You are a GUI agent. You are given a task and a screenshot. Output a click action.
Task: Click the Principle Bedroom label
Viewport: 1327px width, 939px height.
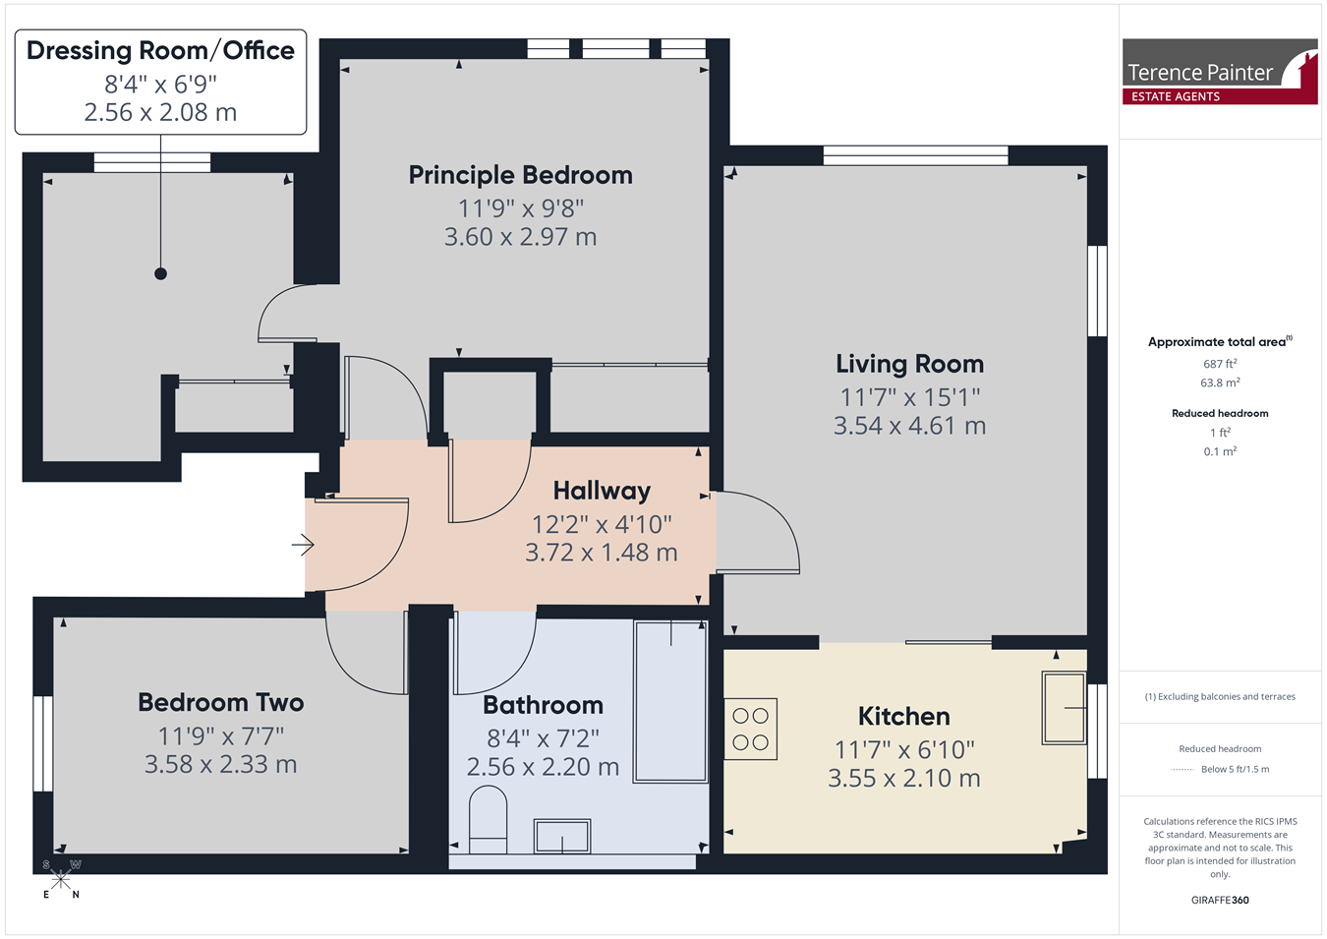coord(521,175)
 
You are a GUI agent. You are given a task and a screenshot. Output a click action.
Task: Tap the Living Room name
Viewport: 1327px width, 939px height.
coord(909,364)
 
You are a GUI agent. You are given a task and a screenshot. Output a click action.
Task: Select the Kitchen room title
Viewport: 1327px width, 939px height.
coord(904,716)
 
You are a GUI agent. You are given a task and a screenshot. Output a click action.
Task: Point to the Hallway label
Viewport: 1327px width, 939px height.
coord(602,491)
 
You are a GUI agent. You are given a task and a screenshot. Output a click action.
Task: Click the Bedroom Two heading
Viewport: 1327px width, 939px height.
coord(221,702)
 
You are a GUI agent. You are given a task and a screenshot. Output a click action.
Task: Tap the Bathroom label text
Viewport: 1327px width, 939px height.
coord(543,705)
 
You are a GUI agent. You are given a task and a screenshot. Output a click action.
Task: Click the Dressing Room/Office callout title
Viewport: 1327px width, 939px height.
coord(160,51)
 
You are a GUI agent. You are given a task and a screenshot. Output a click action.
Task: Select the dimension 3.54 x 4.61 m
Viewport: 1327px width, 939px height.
coord(909,426)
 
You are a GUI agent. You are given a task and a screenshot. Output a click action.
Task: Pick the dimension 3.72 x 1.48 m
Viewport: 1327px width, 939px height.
coord(602,553)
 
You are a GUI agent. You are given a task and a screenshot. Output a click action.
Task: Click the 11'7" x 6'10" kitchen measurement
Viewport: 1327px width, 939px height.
coord(904,750)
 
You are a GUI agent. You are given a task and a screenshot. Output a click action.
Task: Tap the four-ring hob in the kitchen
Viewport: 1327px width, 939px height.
coord(751,730)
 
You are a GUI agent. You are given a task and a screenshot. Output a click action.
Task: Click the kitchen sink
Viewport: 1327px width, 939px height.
coord(1064,707)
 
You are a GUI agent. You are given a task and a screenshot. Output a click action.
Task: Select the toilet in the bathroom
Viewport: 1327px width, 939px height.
coord(488,819)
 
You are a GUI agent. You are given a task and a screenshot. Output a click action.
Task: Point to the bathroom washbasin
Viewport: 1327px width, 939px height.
coord(562,836)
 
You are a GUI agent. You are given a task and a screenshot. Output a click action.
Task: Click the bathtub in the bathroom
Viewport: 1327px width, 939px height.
coord(670,702)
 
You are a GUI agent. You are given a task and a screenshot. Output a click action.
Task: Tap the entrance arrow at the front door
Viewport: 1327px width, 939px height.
coord(303,545)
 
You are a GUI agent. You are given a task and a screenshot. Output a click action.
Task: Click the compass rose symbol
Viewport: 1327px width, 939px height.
coord(61,880)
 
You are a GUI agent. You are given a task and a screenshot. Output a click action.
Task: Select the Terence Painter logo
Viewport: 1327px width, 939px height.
coord(1220,72)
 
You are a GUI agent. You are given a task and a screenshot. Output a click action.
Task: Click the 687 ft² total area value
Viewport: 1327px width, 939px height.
coord(1220,364)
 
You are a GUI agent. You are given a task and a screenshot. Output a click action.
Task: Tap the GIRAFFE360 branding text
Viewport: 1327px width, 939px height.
coord(1220,900)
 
